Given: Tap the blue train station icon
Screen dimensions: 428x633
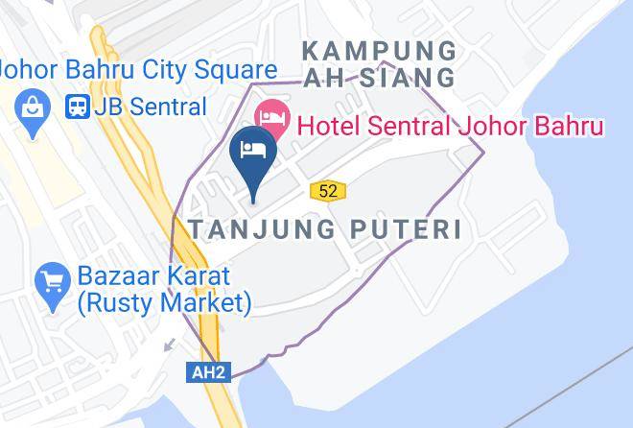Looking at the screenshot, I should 77,107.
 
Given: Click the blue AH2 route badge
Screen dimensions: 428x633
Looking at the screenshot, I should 208,372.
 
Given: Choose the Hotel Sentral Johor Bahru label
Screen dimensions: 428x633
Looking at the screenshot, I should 450,126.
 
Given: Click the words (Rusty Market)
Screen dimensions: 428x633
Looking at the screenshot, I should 165,303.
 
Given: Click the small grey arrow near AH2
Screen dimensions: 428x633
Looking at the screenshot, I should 170,343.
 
